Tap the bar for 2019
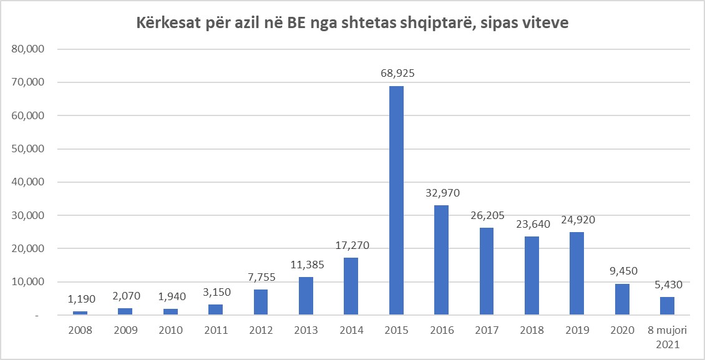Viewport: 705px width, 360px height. pyautogui.click(x=576, y=273)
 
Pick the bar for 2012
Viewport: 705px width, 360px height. pyautogui.click(x=261, y=301)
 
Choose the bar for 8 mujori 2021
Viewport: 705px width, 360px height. pyautogui.click(x=667, y=305)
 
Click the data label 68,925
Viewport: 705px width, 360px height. pyautogui.click(x=397, y=74)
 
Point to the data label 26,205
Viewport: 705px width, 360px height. pyautogui.click(x=487, y=215)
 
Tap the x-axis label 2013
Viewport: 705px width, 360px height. pyautogui.click(x=306, y=330)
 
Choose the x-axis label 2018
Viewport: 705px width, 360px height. pyautogui.click(x=532, y=330)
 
